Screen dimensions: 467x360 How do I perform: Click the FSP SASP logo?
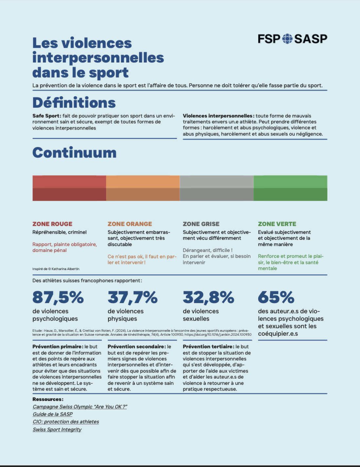[x=292, y=39]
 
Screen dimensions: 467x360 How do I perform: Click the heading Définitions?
[x=74, y=103]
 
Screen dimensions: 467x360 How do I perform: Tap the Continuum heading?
[x=74, y=153]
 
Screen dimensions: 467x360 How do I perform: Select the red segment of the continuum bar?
[x=69, y=188]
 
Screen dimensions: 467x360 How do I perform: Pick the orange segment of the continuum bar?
[x=143, y=188]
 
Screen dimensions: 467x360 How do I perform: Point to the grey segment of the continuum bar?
[x=217, y=188]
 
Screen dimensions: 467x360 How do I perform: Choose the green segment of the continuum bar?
[x=290, y=188]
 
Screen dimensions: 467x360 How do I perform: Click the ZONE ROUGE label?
[x=52, y=224]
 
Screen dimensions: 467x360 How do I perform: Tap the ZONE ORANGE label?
[x=130, y=224]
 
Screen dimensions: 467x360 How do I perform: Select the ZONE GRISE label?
[x=201, y=224]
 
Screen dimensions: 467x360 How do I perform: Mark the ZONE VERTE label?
[x=277, y=224]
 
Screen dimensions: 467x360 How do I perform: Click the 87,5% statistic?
[x=58, y=297]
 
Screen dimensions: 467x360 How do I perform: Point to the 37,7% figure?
[x=133, y=297]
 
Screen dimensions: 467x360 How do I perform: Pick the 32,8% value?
[x=208, y=297]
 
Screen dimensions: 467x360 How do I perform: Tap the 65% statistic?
[x=276, y=297]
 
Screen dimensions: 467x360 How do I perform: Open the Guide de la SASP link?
[x=53, y=414]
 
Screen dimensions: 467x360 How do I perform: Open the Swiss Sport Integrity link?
[x=57, y=429]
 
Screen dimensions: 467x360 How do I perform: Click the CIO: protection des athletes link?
[x=66, y=422]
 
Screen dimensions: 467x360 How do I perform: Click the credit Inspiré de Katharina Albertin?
[x=56, y=269]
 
